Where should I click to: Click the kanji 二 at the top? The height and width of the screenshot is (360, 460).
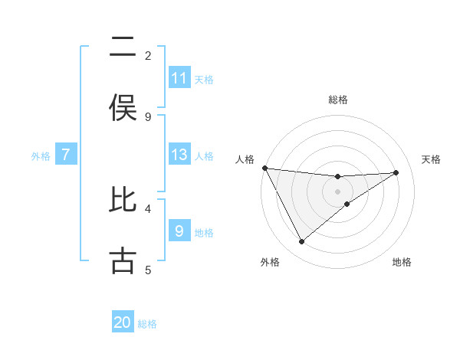click(123, 47)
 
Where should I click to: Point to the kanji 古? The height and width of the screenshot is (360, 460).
click(123, 260)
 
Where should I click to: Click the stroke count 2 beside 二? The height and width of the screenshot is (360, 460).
click(148, 55)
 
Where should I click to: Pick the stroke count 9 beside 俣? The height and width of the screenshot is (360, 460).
click(148, 116)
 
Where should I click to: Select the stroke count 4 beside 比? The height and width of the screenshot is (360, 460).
click(148, 208)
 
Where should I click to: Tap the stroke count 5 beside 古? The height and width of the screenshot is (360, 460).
click(148, 269)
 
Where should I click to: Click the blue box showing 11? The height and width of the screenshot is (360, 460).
click(179, 78)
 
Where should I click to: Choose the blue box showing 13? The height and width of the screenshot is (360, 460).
click(179, 155)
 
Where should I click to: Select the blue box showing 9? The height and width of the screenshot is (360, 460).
click(179, 231)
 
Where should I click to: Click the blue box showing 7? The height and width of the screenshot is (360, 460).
click(66, 155)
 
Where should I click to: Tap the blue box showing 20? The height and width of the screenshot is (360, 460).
click(123, 323)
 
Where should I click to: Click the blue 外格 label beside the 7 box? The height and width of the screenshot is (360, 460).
click(41, 156)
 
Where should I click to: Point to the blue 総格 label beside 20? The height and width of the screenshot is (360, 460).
click(147, 325)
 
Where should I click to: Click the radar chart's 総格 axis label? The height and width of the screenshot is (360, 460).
click(337, 100)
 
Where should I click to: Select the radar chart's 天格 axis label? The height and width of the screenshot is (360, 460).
click(432, 159)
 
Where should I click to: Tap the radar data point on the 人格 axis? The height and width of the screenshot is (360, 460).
click(264, 168)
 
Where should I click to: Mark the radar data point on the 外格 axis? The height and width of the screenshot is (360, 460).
click(301, 241)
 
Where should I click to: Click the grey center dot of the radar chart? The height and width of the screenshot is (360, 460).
click(337, 191)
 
